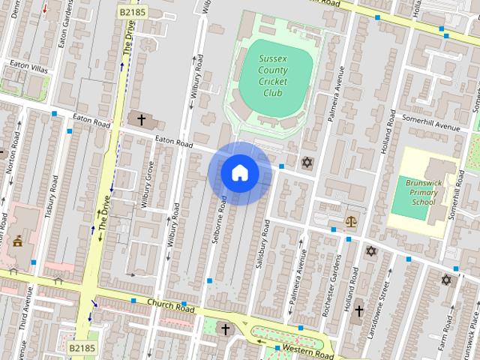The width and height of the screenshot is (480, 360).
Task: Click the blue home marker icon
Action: point(239,173)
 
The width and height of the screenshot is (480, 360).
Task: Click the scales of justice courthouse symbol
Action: point(350,221)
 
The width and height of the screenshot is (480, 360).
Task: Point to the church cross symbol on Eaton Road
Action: point(141,119)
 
